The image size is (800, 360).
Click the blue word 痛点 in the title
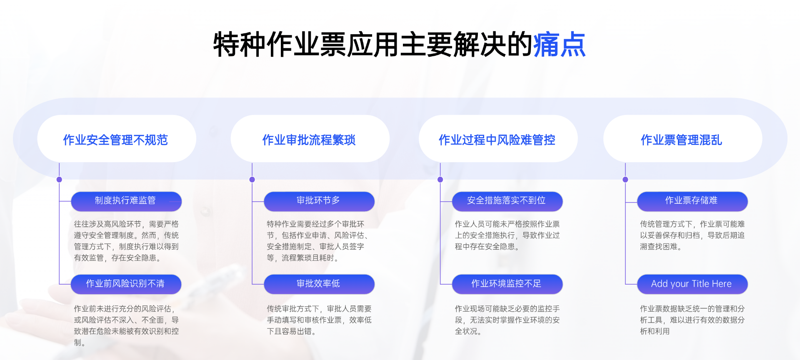click(559, 45)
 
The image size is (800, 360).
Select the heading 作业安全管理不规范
click(115, 140)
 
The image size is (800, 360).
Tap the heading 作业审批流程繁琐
click(309, 140)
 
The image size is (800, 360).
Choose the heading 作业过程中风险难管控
click(497, 140)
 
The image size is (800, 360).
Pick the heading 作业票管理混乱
click(681, 140)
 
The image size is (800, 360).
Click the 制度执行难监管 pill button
click(126, 201)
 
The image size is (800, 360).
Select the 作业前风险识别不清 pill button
click(126, 284)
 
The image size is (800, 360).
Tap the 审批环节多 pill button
click(319, 201)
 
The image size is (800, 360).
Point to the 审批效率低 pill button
click(319, 284)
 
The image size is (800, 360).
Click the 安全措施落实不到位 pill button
click(507, 201)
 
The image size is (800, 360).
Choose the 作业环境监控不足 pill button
click(507, 284)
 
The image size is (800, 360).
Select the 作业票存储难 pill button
click(692, 201)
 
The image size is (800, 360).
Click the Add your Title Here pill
click(692, 284)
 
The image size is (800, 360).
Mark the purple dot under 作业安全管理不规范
click(59, 180)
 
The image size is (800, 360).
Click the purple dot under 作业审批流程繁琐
click(252, 180)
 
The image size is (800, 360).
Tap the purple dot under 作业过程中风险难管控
click(440, 180)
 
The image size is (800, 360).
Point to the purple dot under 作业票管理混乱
click(625, 180)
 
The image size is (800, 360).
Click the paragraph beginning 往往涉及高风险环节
click(126, 241)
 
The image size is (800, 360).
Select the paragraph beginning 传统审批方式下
click(319, 320)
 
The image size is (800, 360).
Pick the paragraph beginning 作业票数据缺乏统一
click(692, 320)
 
